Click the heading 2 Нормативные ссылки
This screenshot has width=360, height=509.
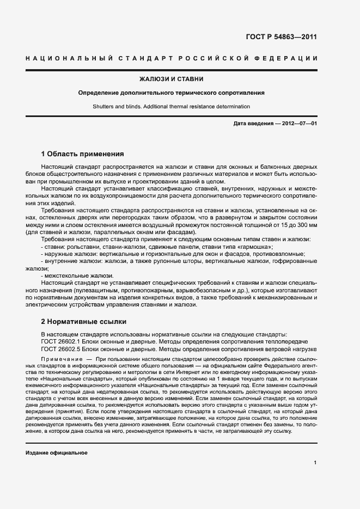click(84, 321)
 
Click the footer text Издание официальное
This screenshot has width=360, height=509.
click(57, 453)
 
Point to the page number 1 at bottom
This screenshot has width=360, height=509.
click(315, 463)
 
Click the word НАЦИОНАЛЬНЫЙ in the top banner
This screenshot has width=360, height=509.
click(62, 58)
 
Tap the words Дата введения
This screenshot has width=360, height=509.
click(253, 124)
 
